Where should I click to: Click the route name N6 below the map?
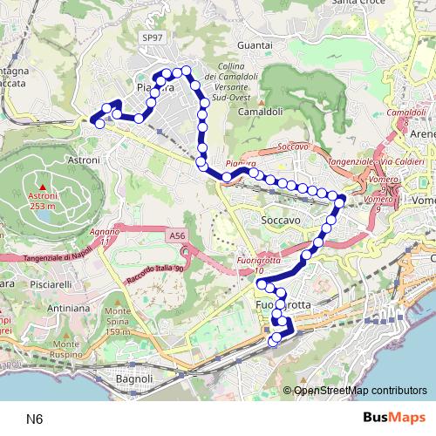click(34, 419)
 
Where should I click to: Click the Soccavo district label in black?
click(281, 221)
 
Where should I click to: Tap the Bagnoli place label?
click(135, 379)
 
